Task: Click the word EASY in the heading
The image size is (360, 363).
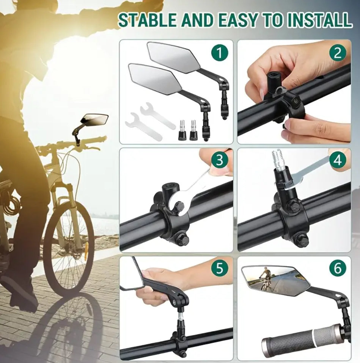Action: (237, 20)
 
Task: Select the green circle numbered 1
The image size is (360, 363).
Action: (220, 53)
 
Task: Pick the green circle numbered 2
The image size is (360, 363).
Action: (338, 53)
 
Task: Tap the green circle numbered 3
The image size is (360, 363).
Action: (220, 160)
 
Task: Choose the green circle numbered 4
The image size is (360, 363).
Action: (338, 160)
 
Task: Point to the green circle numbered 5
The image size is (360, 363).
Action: (220, 268)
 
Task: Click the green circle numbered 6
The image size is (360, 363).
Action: (338, 268)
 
